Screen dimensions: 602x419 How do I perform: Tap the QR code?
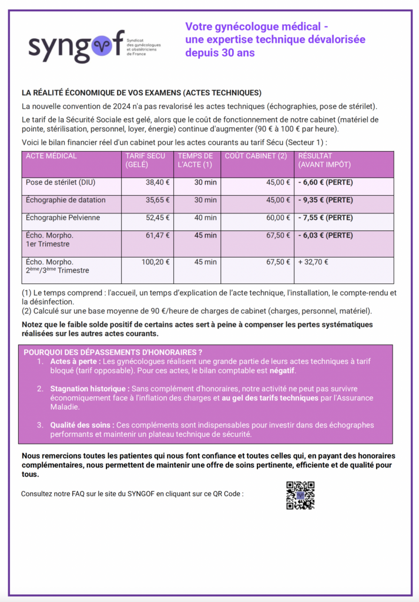pos(300,495)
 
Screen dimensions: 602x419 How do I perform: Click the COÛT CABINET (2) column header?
pos(256,156)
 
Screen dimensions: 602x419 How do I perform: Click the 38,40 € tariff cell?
pos(157,182)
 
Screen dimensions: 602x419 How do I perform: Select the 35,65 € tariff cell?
pos(157,200)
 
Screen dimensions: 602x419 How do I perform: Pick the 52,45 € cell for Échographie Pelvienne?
pos(157,218)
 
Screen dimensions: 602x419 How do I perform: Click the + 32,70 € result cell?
pos(313,262)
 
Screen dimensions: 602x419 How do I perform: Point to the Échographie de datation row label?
pos(66,200)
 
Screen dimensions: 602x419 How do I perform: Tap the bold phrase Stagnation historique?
pos(89,389)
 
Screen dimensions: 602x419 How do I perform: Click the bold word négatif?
pos(282,371)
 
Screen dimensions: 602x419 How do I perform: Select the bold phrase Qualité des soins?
pos(82,425)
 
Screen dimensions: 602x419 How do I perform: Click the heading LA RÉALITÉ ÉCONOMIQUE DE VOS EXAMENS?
pos(141,93)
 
